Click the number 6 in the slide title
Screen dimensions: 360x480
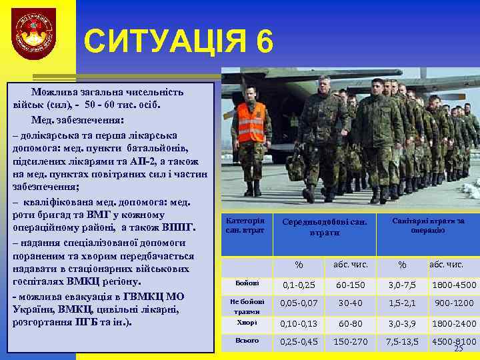click(263, 42)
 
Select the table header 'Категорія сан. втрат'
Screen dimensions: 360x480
click(245, 225)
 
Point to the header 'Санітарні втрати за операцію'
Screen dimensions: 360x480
click(428, 225)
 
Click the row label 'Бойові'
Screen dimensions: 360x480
click(243, 283)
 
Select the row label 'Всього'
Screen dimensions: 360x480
click(246, 341)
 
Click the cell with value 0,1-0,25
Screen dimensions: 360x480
click(299, 285)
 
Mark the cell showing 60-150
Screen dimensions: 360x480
click(350, 285)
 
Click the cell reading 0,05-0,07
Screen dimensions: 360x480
click(299, 303)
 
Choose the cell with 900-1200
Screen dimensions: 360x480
click(454, 303)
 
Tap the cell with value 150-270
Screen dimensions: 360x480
click(350, 342)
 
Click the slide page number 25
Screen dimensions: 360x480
click(458, 349)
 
